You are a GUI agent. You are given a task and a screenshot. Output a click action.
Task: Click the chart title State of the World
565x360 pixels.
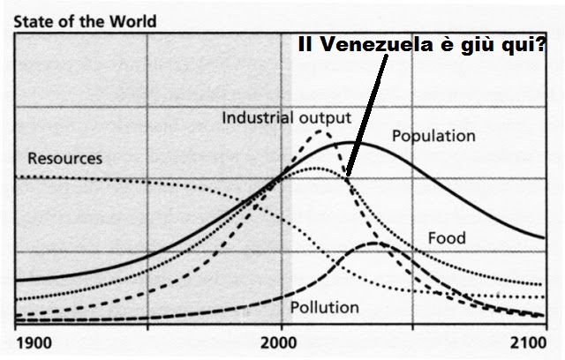(73, 19)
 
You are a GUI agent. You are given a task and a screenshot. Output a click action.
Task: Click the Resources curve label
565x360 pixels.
(65, 159)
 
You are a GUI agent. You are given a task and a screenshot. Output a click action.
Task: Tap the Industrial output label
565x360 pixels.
(286, 117)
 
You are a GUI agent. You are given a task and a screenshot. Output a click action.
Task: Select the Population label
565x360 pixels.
(433, 137)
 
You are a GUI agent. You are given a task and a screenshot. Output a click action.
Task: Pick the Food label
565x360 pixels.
(447, 238)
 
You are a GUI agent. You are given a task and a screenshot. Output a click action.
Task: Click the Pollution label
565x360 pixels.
(325, 308)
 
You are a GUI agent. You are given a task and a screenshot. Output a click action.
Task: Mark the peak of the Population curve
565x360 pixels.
(351, 142)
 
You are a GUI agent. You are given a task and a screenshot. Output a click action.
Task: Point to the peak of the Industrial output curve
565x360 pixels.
(320, 131)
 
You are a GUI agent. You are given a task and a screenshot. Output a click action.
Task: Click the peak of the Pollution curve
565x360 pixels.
(376, 242)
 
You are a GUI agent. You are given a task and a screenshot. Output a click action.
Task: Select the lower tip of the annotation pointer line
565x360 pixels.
(347, 176)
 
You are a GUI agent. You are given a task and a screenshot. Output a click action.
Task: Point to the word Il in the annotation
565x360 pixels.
(306, 49)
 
